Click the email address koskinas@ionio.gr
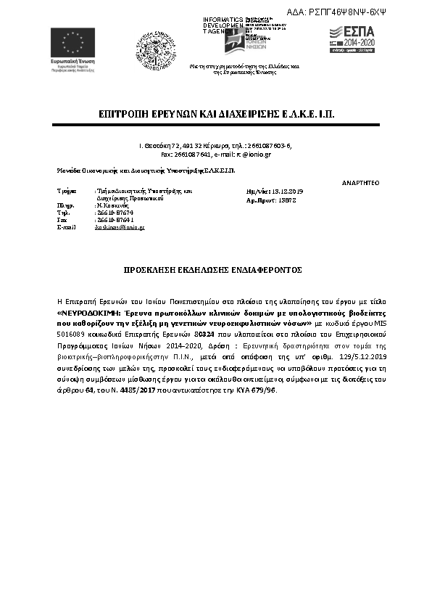[120, 227]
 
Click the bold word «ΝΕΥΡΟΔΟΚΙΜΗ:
[89, 311]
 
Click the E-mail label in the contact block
[66, 227]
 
